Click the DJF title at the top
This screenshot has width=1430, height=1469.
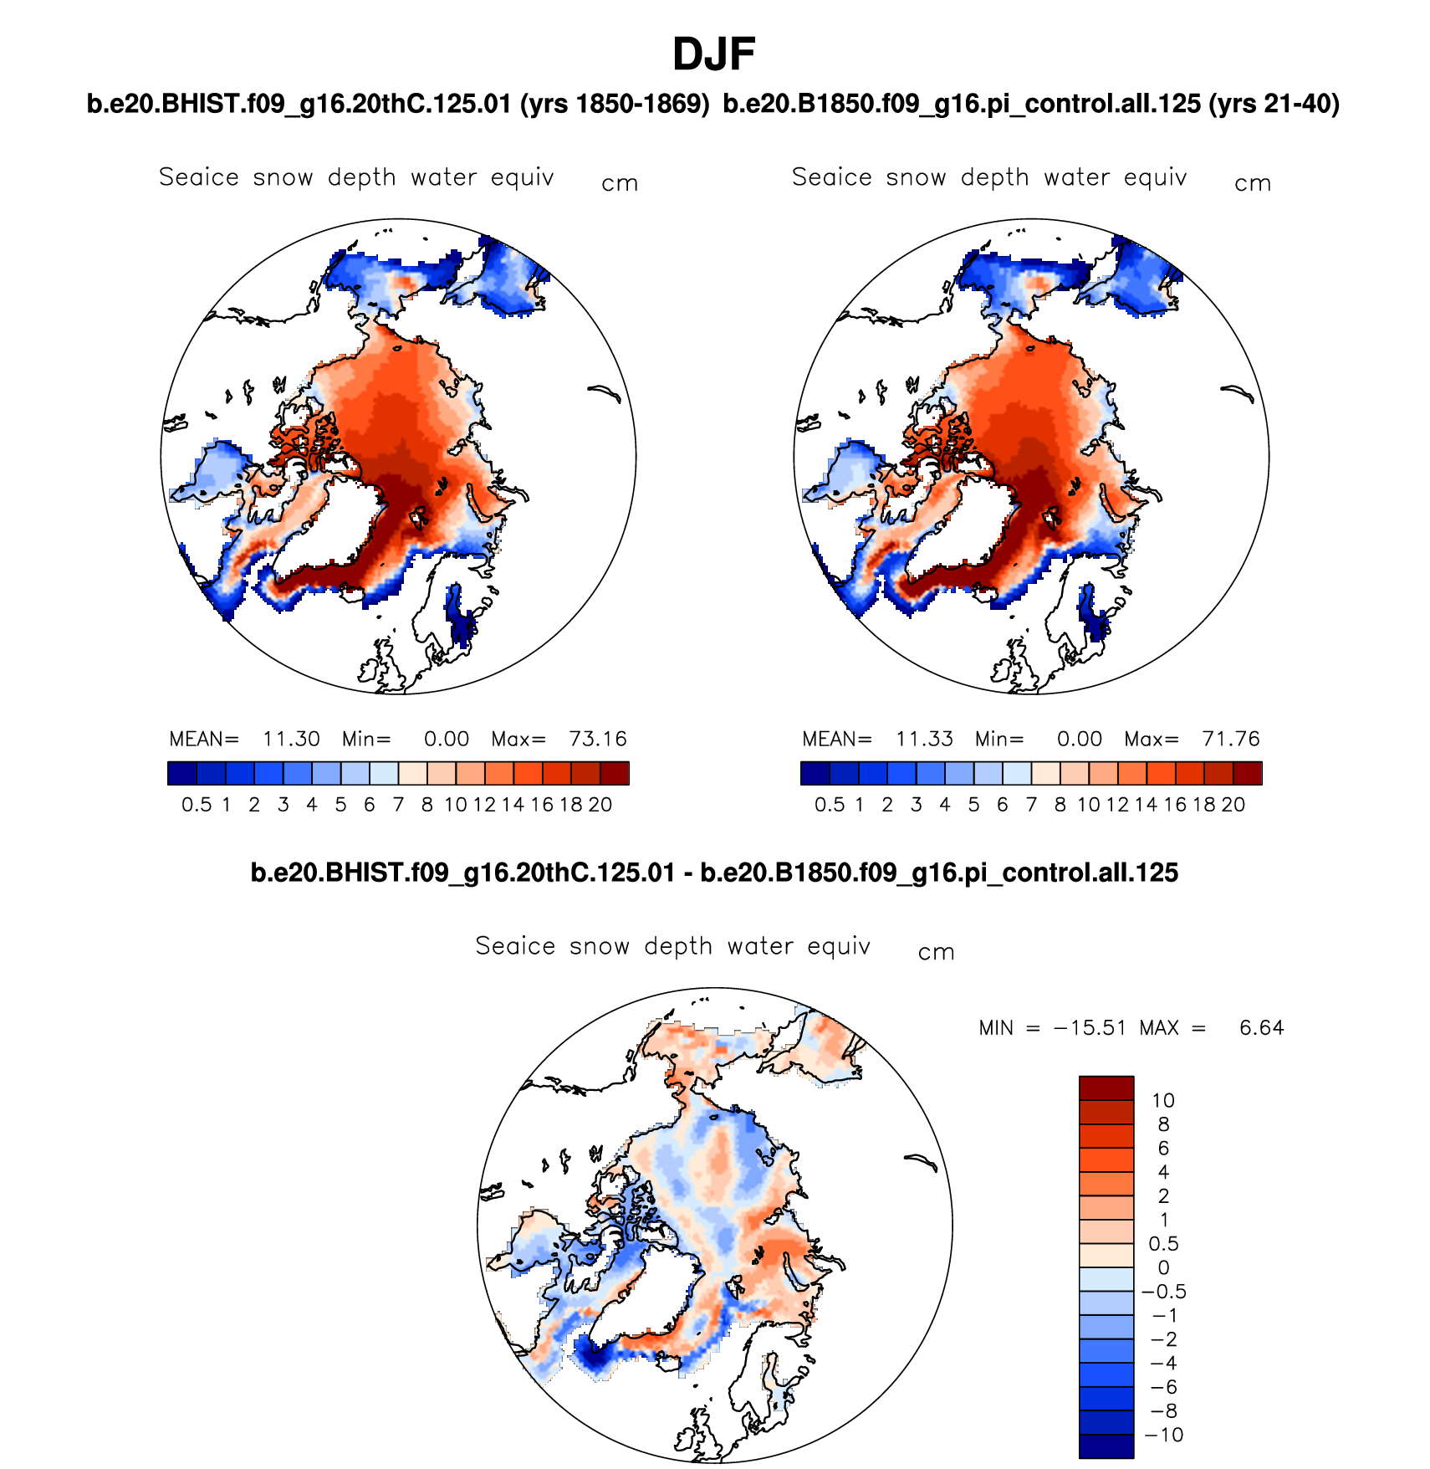click(x=714, y=55)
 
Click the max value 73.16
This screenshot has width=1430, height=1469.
click(x=597, y=740)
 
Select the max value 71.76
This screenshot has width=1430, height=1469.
click(x=1230, y=740)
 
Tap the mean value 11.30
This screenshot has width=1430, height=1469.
click(x=291, y=740)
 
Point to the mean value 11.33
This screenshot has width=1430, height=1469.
click(x=924, y=740)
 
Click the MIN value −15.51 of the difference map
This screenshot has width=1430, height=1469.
click(x=1090, y=1028)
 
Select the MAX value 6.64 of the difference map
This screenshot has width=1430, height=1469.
click(x=1261, y=1028)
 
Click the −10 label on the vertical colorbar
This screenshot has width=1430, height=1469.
click(x=1164, y=1436)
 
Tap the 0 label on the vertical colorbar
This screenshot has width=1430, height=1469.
click(x=1163, y=1268)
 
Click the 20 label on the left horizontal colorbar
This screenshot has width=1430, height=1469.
click(x=600, y=805)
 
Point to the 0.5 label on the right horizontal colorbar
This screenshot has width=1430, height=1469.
click(x=830, y=805)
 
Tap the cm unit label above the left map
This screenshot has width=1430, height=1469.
click(x=620, y=184)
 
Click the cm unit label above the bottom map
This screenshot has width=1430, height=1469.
click(x=936, y=953)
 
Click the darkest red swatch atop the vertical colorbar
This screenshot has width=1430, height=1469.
click(x=1106, y=1088)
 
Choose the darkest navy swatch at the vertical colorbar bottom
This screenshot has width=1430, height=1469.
click(x=1106, y=1446)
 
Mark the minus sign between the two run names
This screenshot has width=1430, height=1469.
click(x=687, y=873)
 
